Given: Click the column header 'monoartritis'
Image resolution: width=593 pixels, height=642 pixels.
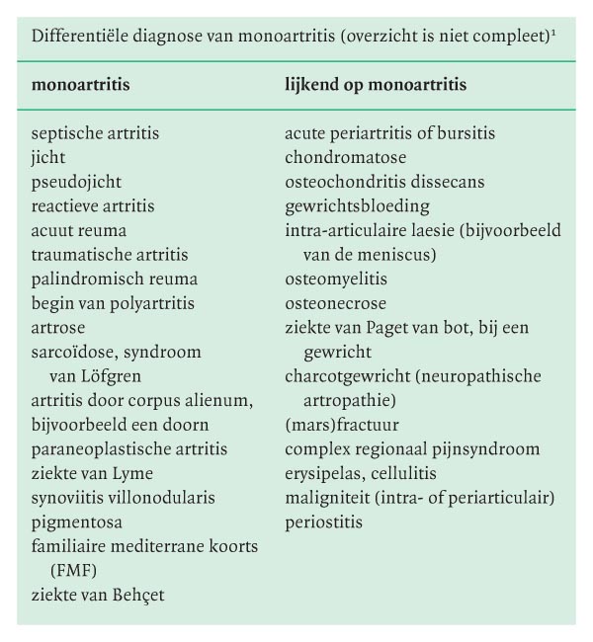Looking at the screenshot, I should tap(81, 86).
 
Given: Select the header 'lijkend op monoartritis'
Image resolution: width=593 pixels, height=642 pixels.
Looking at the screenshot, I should tap(376, 86).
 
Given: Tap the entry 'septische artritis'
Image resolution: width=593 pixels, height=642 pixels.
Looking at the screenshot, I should tap(95, 133).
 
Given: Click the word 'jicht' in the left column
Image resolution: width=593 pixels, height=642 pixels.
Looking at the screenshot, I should tap(48, 158).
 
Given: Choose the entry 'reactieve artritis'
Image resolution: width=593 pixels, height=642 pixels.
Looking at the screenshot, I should tap(93, 206).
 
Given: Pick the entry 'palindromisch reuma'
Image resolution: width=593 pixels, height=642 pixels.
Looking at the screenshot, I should tap(114, 280).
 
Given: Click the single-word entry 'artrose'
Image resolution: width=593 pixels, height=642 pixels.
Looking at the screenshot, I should tap(58, 328).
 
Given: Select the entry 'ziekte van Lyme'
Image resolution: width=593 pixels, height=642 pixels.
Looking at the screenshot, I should tap(92, 473).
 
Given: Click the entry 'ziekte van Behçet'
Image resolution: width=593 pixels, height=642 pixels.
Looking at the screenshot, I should tap(97, 595).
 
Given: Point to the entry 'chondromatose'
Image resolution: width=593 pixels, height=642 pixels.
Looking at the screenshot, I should tap(345, 158).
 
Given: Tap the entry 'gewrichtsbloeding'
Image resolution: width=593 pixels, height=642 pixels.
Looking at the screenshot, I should tap(357, 206).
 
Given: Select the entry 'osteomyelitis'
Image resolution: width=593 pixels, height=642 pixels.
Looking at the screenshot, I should tap(336, 280).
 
